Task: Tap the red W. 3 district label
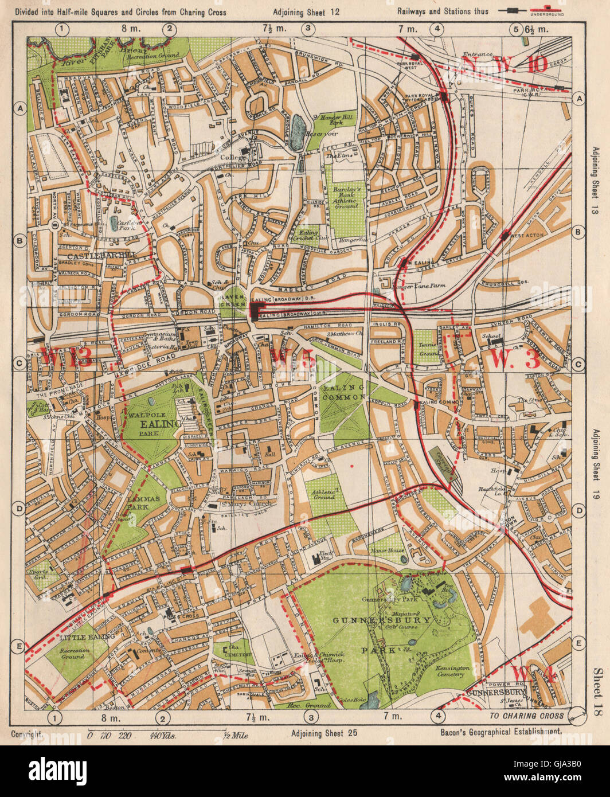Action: (516, 360)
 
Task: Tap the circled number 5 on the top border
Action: (516, 29)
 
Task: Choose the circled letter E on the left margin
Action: (19, 647)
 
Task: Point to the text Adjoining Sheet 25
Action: (324, 733)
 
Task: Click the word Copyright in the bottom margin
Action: (26, 733)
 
